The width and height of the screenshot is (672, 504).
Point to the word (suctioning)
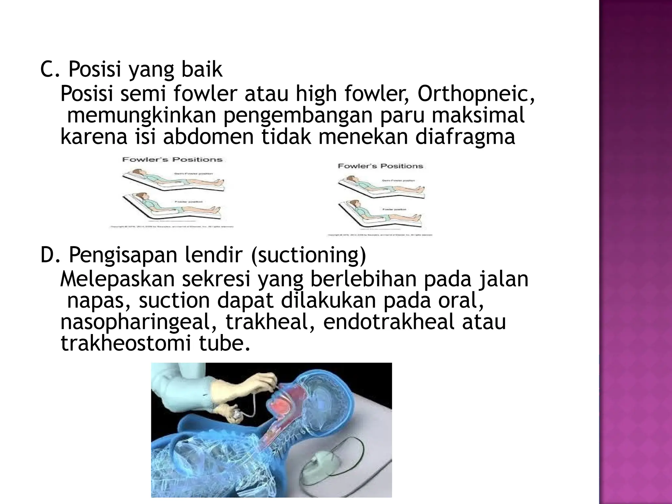(x=308, y=256)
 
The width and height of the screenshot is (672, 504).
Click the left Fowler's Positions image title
(x=172, y=159)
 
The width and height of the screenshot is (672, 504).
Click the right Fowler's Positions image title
(x=380, y=166)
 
